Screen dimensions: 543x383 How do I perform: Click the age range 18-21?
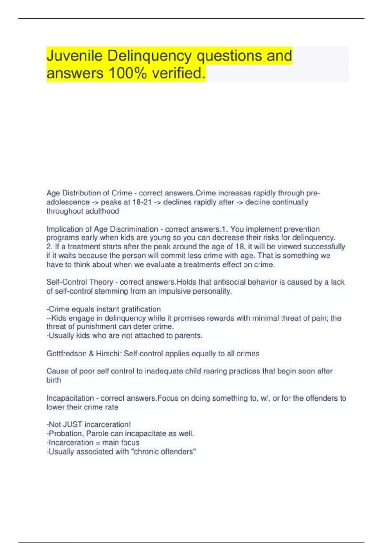tap(142, 202)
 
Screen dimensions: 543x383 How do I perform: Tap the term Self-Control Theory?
tap(80, 282)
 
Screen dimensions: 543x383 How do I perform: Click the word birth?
tap(54, 380)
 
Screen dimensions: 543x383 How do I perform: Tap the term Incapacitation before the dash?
tap(70, 398)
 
